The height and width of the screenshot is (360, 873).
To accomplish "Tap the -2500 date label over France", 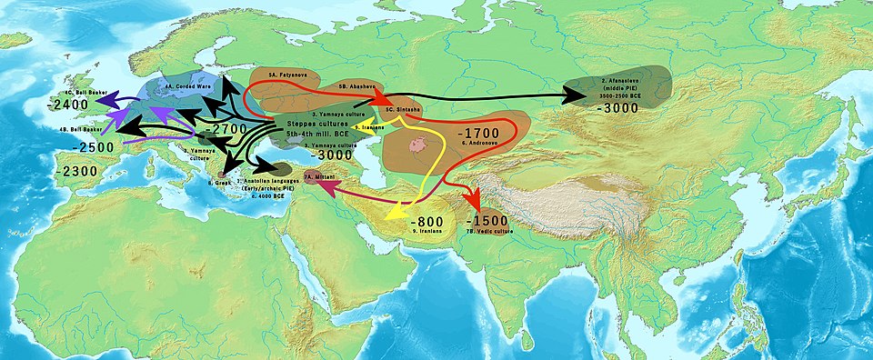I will point(75,146).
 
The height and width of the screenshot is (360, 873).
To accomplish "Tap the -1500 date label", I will point(489,222).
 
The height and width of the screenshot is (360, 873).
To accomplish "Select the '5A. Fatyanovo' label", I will point(284,72).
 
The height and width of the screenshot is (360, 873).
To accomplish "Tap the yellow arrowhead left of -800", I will point(392,215).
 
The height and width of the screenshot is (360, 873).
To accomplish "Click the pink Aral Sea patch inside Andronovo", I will point(418,144).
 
